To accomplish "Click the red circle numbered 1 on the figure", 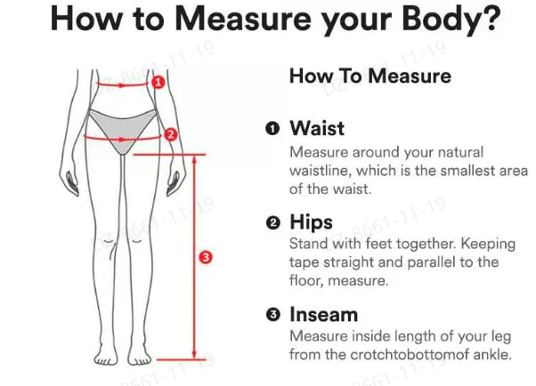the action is pyautogui.click(x=158, y=83).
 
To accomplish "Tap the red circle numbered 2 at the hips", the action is pyautogui.click(x=171, y=134).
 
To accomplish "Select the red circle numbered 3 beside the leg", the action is pyautogui.click(x=206, y=257).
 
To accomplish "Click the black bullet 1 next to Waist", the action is pyautogui.click(x=272, y=129).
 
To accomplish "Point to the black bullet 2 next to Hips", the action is pyautogui.click(x=272, y=223).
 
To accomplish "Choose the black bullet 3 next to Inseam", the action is pyautogui.click(x=272, y=315).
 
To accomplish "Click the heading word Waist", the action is pyautogui.click(x=317, y=128).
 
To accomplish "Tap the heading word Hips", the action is pyautogui.click(x=311, y=223).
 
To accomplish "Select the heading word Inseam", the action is pyautogui.click(x=324, y=314).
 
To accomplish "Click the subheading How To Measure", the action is pyautogui.click(x=370, y=76).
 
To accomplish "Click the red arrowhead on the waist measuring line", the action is pyautogui.click(x=121, y=85).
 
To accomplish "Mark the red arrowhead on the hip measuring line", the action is pyautogui.click(x=122, y=140).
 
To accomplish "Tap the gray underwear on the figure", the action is pyautogui.click(x=122, y=128).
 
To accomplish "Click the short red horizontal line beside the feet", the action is pyautogui.click(x=181, y=359).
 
